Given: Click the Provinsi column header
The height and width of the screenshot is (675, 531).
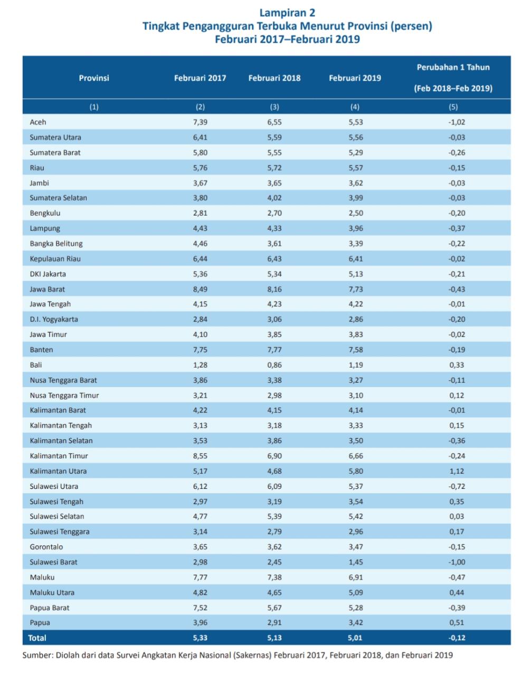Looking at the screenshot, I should click(94, 78).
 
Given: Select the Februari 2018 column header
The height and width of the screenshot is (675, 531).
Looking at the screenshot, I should click(274, 78).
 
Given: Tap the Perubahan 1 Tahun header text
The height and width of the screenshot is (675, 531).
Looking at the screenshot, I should click(453, 67).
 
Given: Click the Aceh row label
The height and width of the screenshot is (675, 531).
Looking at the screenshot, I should click(38, 122).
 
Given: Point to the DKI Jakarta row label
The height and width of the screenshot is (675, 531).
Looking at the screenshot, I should click(48, 274).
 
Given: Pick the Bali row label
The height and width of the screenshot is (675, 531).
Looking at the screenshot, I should click(36, 365).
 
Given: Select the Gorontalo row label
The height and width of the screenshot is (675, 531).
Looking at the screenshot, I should click(46, 547).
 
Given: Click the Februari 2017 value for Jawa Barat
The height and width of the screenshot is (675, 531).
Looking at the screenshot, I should click(200, 289).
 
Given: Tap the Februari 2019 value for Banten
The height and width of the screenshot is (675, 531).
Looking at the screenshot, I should click(355, 350).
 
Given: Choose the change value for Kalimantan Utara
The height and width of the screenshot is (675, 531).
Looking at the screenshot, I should click(457, 471).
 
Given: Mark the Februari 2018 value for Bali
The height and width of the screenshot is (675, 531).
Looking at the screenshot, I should click(274, 365).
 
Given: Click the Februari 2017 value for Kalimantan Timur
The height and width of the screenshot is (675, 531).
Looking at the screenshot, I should click(200, 456).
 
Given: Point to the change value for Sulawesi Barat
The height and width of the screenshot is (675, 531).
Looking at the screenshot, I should click(457, 562).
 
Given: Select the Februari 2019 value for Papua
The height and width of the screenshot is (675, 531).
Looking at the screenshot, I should click(355, 623).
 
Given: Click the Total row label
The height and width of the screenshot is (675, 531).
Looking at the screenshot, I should click(37, 638).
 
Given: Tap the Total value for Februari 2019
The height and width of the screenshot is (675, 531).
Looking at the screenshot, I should click(355, 638).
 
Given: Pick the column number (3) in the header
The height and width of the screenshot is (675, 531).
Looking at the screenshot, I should click(274, 107).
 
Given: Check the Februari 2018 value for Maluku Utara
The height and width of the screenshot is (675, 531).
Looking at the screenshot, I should click(274, 592).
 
